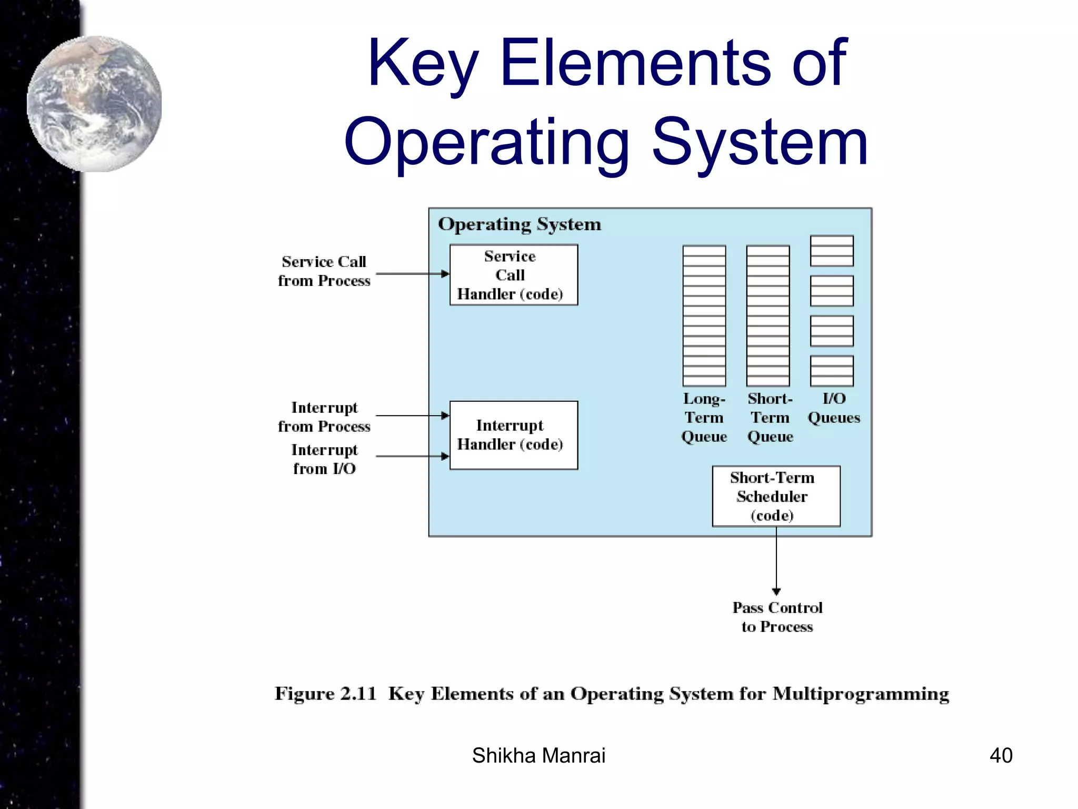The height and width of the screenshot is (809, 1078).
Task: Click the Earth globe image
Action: tap(95, 104)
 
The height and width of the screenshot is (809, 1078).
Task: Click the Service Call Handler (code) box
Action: tap(513, 275)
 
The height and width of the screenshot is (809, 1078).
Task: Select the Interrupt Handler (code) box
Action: tap(513, 435)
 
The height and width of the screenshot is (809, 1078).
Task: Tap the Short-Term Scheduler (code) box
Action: tap(776, 496)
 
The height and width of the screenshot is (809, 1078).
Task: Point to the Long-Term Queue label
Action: tap(704, 418)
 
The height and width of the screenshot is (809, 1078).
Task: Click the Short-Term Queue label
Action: tap(770, 418)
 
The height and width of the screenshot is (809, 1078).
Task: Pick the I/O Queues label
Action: tap(834, 408)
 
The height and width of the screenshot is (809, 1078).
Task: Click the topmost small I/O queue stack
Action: tap(832, 251)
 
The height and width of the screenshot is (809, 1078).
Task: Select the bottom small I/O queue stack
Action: tap(832, 371)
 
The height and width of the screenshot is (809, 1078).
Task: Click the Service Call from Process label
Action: tap(324, 271)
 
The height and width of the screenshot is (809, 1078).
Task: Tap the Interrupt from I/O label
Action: tap(324, 459)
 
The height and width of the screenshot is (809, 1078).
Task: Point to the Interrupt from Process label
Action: tap(324, 417)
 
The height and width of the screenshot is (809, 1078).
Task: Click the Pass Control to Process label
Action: tap(777, 617)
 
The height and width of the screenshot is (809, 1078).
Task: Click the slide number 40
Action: tap(1001, 755)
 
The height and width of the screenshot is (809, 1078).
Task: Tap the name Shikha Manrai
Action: tap(538, 755)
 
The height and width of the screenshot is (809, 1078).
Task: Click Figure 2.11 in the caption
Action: tap(326, 694)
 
